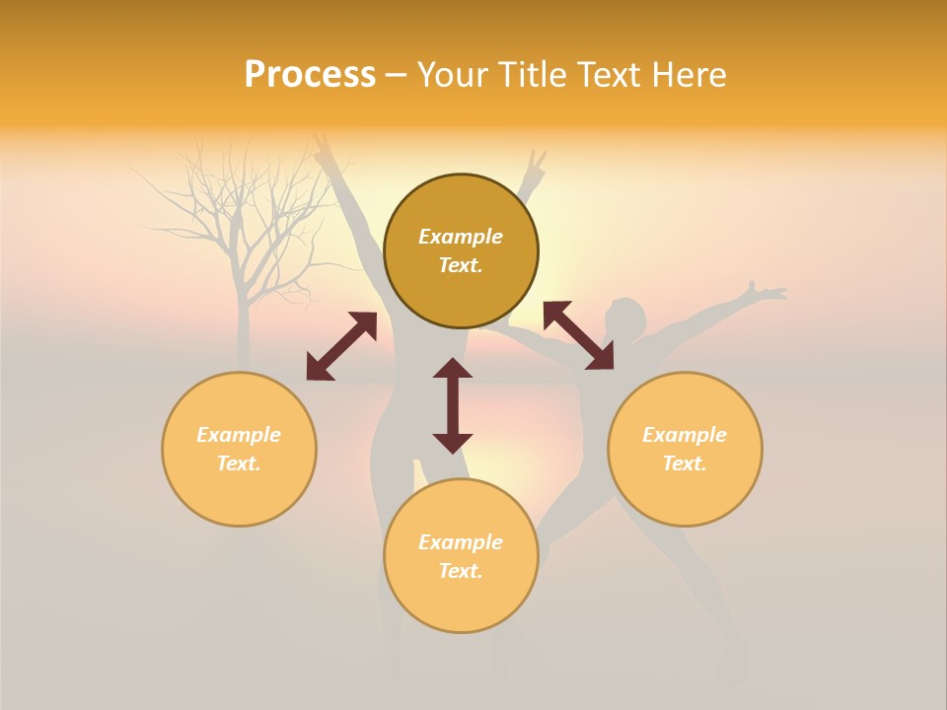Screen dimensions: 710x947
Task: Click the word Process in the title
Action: point(310,75)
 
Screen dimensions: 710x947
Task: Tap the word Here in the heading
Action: point(688,75)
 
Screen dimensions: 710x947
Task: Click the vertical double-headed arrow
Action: point(453,405)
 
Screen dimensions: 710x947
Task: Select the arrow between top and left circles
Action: point(341,346)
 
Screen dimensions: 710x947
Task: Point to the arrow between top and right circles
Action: point(578,335)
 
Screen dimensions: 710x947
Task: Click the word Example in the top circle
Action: point(461,237)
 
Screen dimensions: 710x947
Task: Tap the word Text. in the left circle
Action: point(239,463)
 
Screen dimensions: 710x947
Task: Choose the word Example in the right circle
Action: point(685,435)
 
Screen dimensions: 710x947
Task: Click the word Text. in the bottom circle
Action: point(461,571)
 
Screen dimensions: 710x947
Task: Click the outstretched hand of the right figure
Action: point(765,292)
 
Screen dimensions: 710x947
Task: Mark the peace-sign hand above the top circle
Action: point(535,168)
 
